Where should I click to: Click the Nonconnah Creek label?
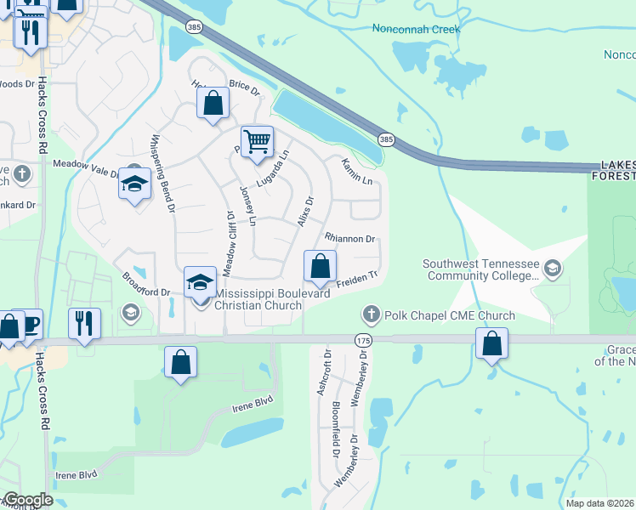coord(416,29)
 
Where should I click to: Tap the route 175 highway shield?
coord(363,340)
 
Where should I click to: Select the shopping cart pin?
coord(257,141)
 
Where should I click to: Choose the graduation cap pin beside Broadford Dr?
coord(200,282)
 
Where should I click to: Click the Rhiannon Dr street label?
coord(349,239)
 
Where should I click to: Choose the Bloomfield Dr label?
coord(337,423)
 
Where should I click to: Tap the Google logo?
coord(27,500)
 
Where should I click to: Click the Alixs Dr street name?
coord(306,211)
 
